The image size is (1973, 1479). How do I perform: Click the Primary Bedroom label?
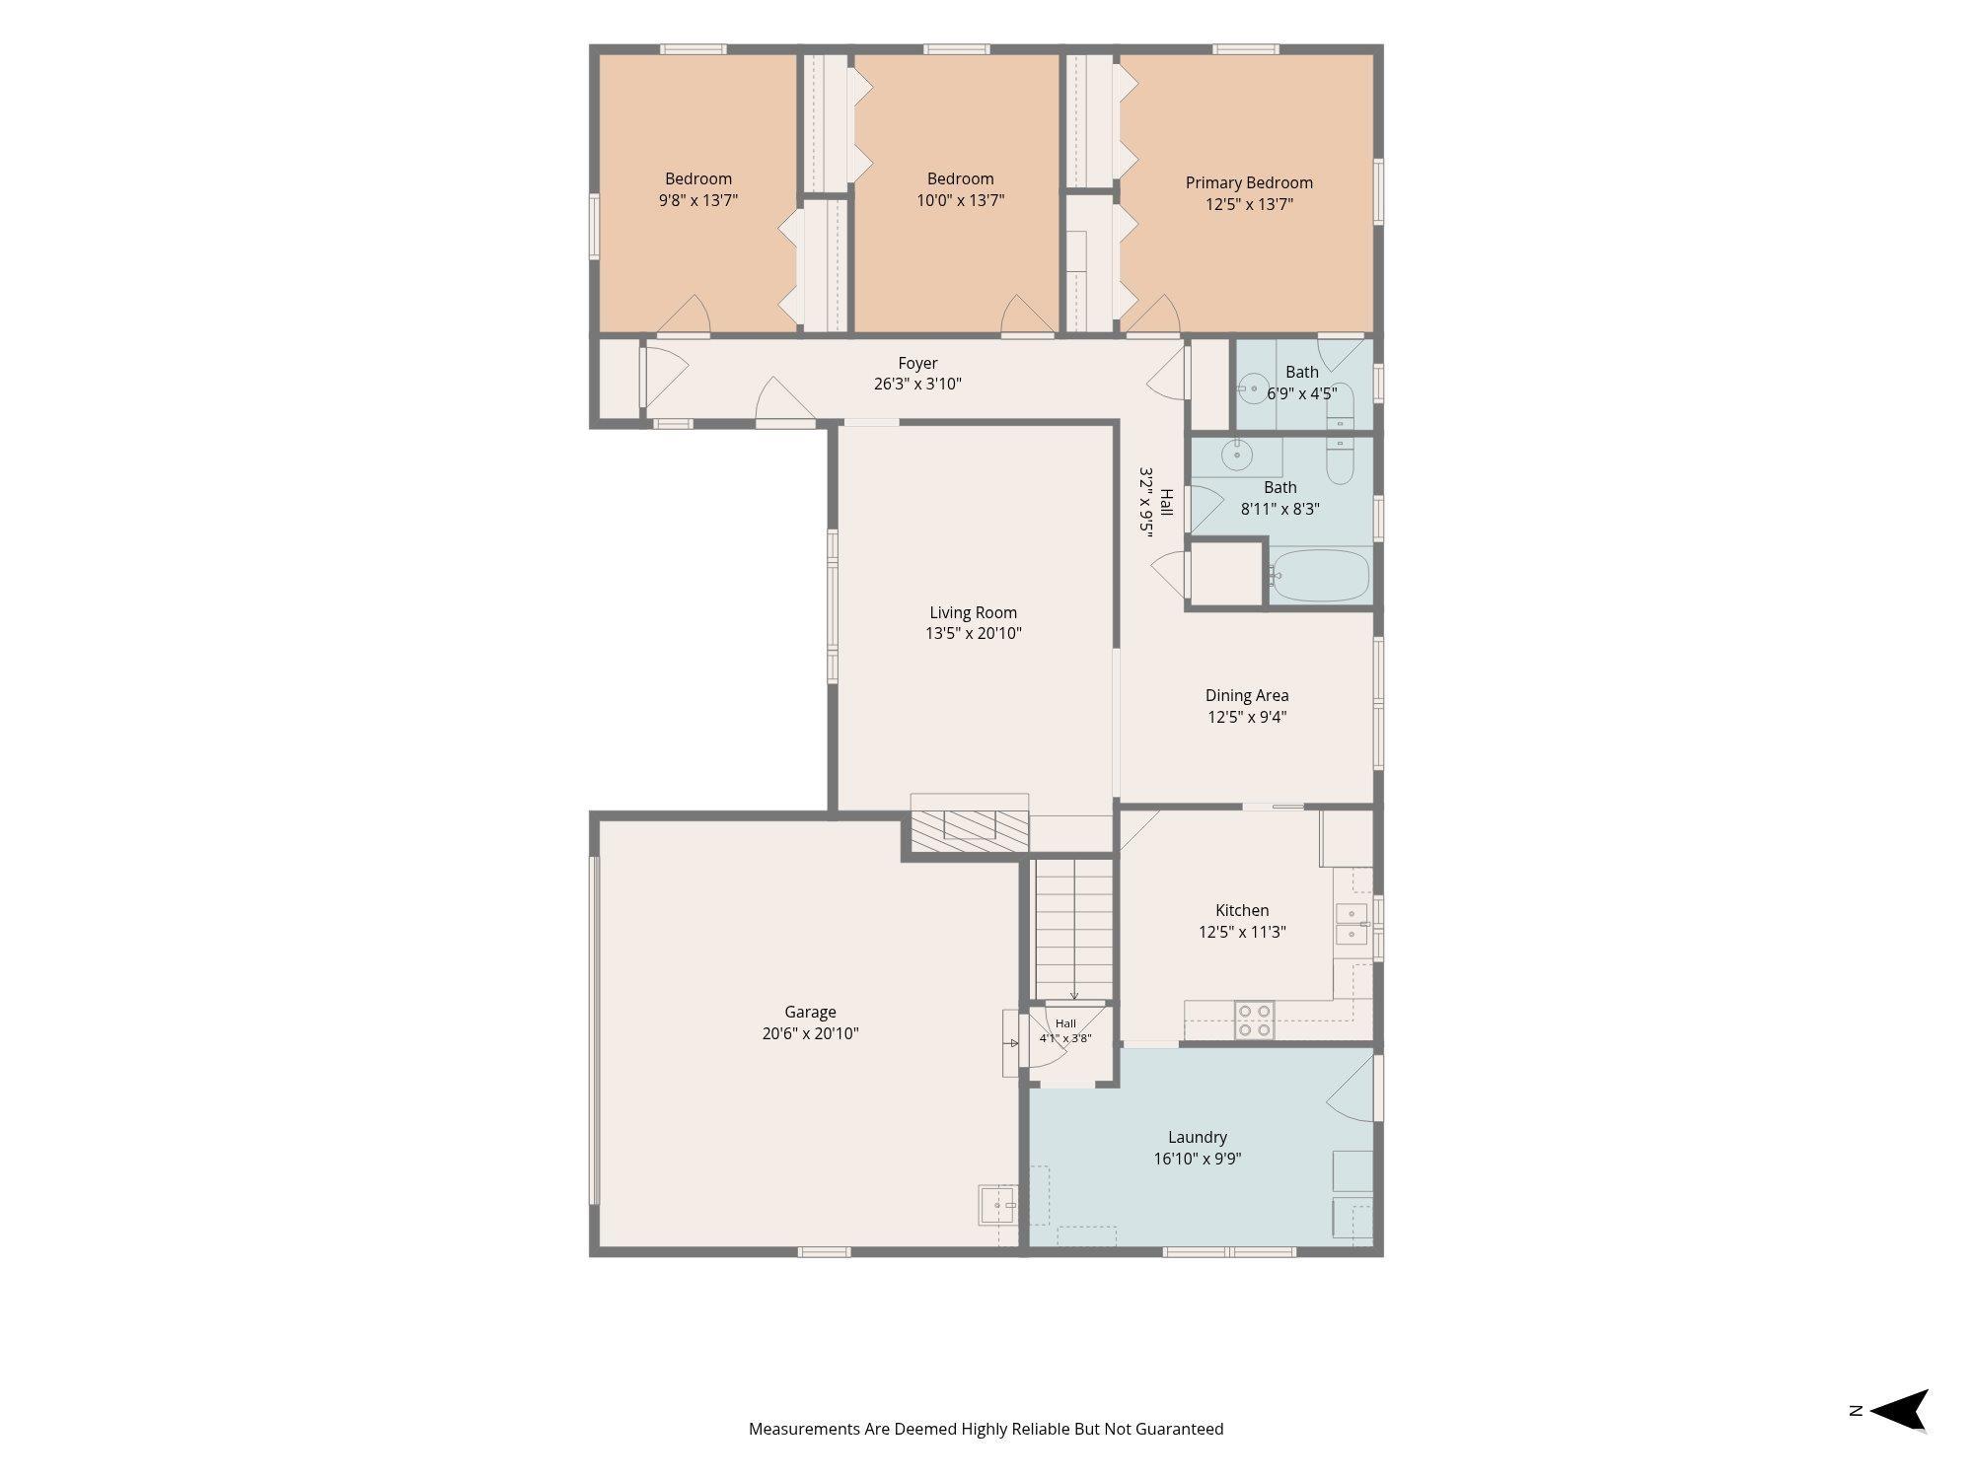1249,182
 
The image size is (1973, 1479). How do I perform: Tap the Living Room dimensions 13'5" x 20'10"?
973,634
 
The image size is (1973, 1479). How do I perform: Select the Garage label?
810,1012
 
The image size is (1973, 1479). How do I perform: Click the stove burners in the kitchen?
1254,1021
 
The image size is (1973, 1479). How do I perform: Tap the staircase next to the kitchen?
1073,929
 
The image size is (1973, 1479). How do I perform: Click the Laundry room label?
1198,1137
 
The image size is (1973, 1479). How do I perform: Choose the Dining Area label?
1247,695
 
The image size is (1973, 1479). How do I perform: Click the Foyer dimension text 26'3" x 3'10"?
917,384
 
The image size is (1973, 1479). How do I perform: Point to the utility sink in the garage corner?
997,1205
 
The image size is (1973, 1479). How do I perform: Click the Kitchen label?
1242,910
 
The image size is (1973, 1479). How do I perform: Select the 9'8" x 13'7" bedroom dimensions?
698,200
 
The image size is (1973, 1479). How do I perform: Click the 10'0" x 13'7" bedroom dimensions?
960,200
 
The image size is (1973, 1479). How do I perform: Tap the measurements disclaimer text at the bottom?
986,1429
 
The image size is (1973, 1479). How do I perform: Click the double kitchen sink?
1352,924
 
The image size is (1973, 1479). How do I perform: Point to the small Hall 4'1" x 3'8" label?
1065,1030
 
